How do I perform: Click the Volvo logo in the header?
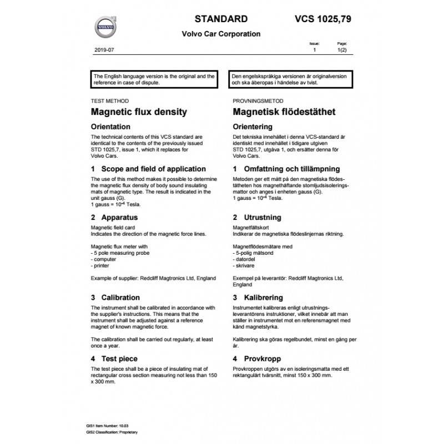pyautogui.click(x=105, y=26)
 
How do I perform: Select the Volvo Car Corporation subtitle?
pyautogui.click(x=221, y=34)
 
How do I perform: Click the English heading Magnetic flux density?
pyautogui.click(x=138, y=112)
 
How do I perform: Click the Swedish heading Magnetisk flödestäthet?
pyautogui.click(x=284, y=112)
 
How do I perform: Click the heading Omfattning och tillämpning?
pyautogui.click(x=286, y=169)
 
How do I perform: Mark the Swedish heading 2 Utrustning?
pyautogui.click(x=257, y=218)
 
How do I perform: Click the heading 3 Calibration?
pyautogui.click(x=115, y=297)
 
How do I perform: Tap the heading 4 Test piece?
pyautogui.click(x=114, y=359)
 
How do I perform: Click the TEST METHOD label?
pyautogui.click(x=109, y=101)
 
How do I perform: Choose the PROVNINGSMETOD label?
pyautogui.click(x=258, y=101)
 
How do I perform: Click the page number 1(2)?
pyautogui.click(x=342, y=50)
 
